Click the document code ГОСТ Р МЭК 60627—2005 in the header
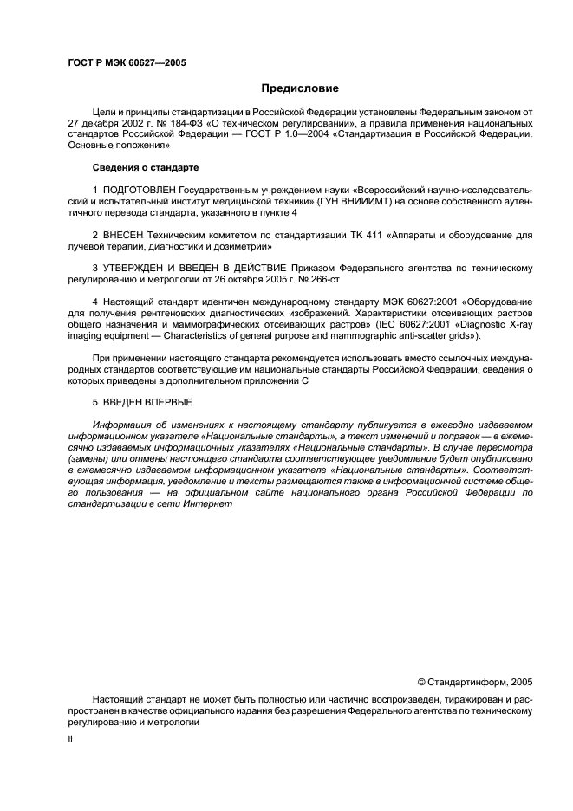[x=127, y=63]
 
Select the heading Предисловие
[x=300, y=88]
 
